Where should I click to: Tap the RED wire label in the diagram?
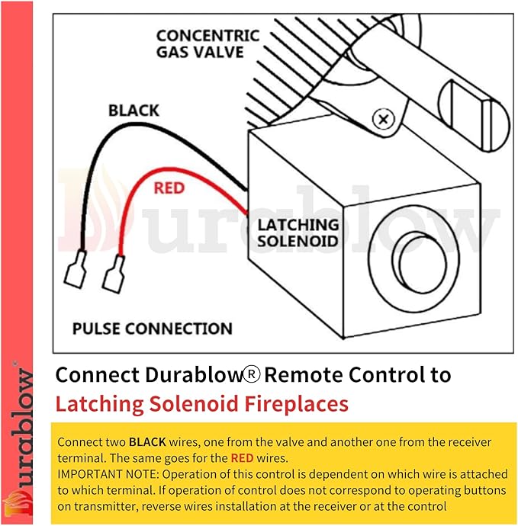click(x=169, y=187)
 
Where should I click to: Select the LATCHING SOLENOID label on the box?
click(x=297, y=232)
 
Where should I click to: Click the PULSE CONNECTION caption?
click(x=152, y=329)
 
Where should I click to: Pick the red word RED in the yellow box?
click(x=241, y=458)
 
